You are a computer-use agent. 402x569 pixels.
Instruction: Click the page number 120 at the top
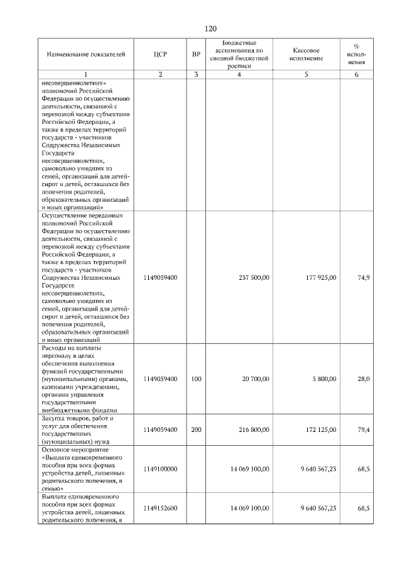210,29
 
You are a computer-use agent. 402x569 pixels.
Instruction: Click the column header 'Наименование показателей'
82,54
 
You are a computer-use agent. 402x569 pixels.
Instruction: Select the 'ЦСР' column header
160,54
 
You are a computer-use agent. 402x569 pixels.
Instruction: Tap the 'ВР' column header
197,54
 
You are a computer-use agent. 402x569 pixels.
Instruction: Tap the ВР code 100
197,379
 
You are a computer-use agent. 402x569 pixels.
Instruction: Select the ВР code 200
197,429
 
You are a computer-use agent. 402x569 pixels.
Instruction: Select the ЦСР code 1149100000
160,469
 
